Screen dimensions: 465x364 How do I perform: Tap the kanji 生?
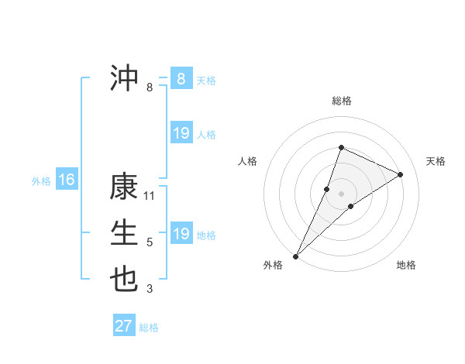pos(124,233)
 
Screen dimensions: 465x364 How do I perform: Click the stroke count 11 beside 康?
pos(150,195)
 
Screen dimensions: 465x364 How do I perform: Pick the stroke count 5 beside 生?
pos(150,242)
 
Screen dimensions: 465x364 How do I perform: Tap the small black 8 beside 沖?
pos(150,88)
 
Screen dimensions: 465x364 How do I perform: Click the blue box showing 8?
pos(181,79)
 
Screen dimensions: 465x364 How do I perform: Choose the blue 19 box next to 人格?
pos(181,133)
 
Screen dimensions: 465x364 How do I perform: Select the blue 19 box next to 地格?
pos(181,234)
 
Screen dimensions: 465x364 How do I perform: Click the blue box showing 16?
pos(66,180)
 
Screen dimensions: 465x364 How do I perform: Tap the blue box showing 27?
pos(123,326)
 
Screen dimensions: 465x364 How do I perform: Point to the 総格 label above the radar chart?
pos(342,101)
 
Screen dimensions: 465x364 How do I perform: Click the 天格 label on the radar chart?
pos(436,161)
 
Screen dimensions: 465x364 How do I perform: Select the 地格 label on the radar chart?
pos(406,265)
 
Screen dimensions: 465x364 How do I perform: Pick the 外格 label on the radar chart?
pos(273,265)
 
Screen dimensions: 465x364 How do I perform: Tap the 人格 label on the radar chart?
pos(247,161)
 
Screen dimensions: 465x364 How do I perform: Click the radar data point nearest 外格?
pos(296,256)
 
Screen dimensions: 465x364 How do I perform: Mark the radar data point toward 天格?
pos(401,174)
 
